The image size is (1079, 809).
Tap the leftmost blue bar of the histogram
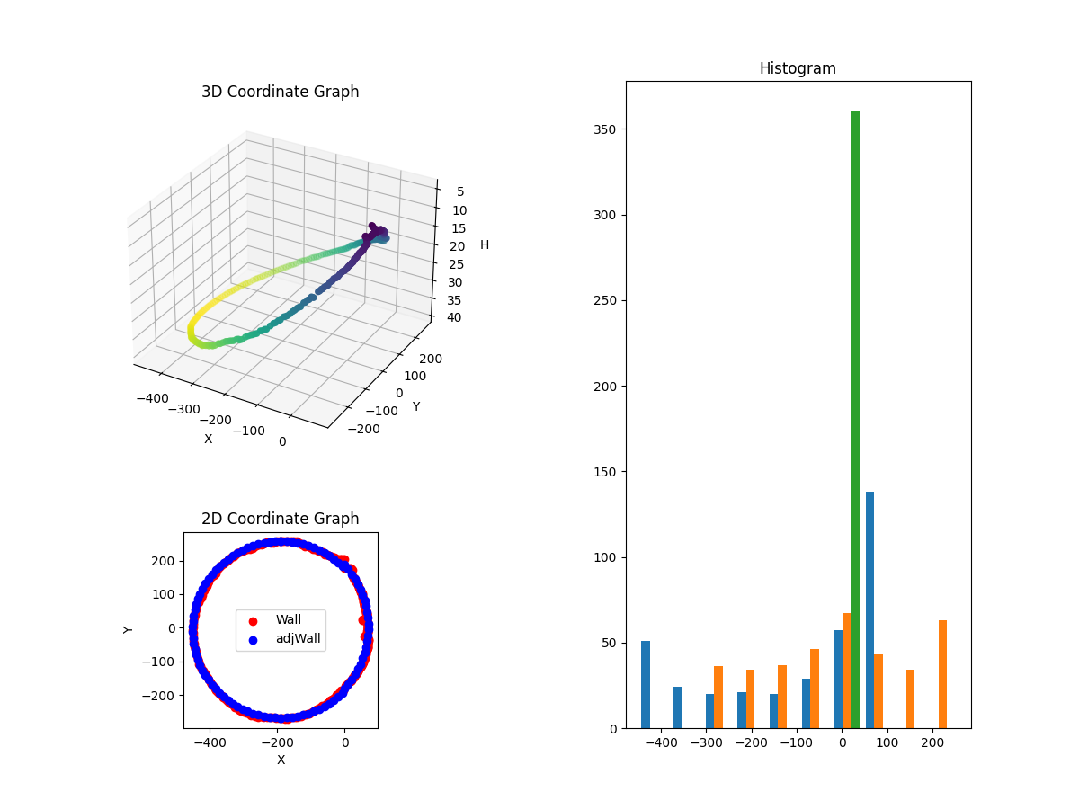tap(646, 684)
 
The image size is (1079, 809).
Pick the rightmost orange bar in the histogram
tap(942, 674)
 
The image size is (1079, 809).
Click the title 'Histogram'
tap(798, 68)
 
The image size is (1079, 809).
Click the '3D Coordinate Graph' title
tap(280, 92)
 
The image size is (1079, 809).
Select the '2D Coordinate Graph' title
tap(280, 519)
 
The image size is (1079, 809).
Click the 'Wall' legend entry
tap(289, 619)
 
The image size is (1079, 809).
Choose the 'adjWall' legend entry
tap(298, 639)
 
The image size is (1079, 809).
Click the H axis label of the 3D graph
tap(485, 244)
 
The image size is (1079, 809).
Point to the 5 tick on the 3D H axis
tap(460, 191)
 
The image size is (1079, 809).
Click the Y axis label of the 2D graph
tap(129, 629)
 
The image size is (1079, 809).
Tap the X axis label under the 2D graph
tap(281, 760)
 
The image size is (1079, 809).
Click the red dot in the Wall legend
tap(253, 620)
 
